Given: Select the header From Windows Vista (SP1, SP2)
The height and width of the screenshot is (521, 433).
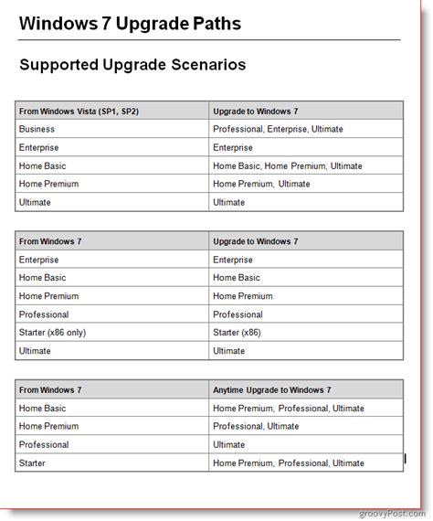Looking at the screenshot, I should pos(79,111).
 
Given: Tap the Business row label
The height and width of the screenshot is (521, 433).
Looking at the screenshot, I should pos(37,129).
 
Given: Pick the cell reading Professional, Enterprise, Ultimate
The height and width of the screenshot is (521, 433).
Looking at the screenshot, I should pos(278,129).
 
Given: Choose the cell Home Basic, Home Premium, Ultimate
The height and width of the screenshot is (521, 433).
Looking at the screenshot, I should pos(287,165).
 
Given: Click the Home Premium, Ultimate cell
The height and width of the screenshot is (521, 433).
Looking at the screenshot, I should pos(261,184).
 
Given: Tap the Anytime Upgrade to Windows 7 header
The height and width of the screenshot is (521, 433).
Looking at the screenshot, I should pos(271,389).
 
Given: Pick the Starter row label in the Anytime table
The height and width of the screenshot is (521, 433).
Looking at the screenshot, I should pos(32,463).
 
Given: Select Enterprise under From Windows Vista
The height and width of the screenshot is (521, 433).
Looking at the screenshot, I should pos(38,147).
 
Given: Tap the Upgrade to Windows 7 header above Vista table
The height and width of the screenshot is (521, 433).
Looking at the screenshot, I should pos(255,111).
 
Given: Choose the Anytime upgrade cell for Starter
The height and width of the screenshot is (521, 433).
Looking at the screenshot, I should pos(288,463).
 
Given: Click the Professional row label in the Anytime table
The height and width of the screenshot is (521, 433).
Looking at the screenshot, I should pos(43,444).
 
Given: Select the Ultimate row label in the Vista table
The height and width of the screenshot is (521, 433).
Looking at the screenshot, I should pos(35,202).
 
